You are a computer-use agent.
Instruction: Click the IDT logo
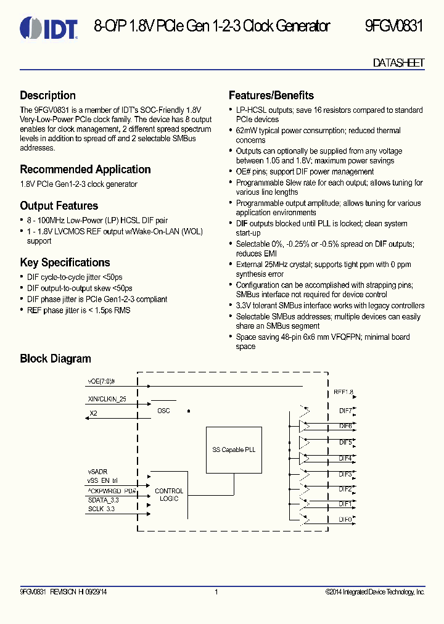[x=49, y=27]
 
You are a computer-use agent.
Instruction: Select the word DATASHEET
[x=398, y=63]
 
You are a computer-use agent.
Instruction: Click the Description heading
[x=47, y=96]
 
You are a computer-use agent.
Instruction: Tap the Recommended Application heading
[x=85, y=170]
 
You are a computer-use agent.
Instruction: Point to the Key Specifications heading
[x=65, y=263]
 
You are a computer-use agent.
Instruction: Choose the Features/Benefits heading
[x=271, y=96]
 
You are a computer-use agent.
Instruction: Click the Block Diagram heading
[x=55, y=359]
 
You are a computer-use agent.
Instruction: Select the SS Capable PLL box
[x=233, y=450]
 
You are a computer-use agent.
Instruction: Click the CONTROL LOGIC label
[x=169, y=495]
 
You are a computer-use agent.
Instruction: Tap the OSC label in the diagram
[x=163, y=411]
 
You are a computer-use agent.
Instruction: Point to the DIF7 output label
[x=345, y=411]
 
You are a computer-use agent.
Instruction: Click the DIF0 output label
[x=345, y=520]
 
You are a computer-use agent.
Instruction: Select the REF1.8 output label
[x=343, y=392]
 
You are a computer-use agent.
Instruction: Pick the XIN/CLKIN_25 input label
[x=107, y=400]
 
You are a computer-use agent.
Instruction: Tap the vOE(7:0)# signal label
[x=102, y=382]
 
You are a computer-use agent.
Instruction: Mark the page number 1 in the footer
[x=216, y=593]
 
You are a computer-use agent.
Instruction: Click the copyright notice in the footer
[x=375, y=593]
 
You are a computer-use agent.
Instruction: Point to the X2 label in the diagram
[x=93, y=413]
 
